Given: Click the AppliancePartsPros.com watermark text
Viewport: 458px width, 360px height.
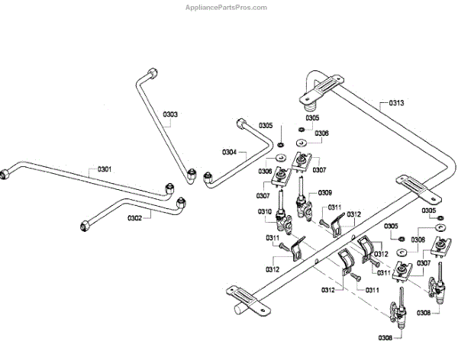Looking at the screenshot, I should point(228,7).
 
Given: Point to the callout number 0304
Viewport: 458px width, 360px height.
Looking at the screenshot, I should point(229,152).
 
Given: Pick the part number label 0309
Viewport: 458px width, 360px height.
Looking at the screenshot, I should point(325,192).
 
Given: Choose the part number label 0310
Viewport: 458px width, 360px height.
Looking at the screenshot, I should point(264,211).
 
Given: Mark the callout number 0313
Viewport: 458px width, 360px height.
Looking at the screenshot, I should point(396,102).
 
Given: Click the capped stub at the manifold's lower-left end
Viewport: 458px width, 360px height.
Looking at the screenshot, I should point(239,311).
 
